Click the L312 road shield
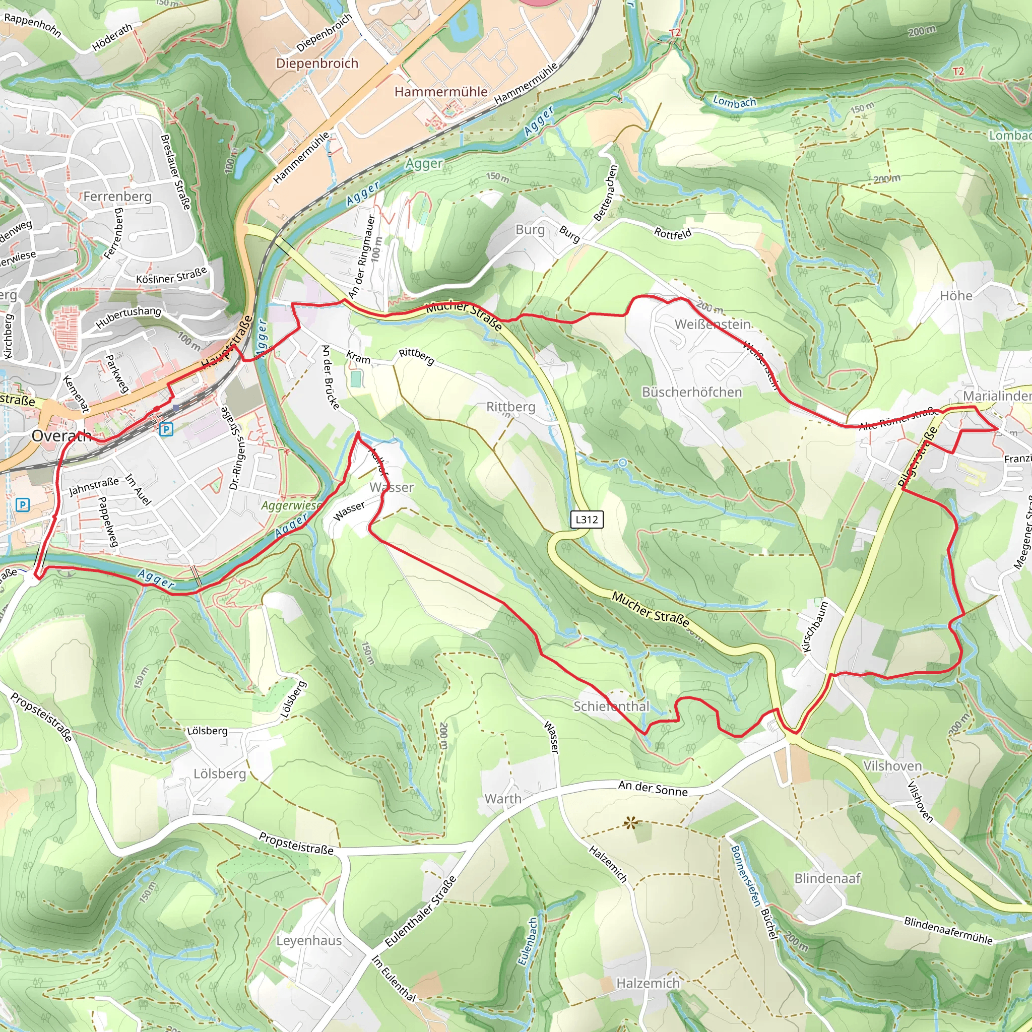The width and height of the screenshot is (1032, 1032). tap(587, 519)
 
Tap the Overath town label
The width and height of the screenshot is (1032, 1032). tap(61, 436)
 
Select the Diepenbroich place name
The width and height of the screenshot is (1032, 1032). tap(317, 63)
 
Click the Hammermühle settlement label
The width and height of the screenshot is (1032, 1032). tap(441, 92)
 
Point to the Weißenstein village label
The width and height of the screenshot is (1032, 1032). tap(713, 324)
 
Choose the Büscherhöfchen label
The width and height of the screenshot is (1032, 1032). tap(692, 392)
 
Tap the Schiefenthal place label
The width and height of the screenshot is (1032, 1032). tap(611, 706)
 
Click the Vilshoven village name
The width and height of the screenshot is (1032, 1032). tap(892, 766)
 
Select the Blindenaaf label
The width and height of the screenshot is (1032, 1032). tap(827, 879)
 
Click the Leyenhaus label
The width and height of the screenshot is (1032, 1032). tap(309, 941)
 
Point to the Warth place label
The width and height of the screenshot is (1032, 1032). tap(502, 799)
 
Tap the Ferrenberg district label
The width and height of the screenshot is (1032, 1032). tap(117, 197)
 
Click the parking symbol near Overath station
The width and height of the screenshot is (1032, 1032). tap(166, 429)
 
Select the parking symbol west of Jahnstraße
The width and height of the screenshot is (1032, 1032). tap(23, 505)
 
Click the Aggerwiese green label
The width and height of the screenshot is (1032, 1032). tap(291, 505)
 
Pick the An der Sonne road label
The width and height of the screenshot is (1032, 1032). tap(653, 789)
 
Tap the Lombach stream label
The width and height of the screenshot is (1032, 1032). tap(735, 101)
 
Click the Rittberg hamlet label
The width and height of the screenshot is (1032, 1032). tap(510, 407)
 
